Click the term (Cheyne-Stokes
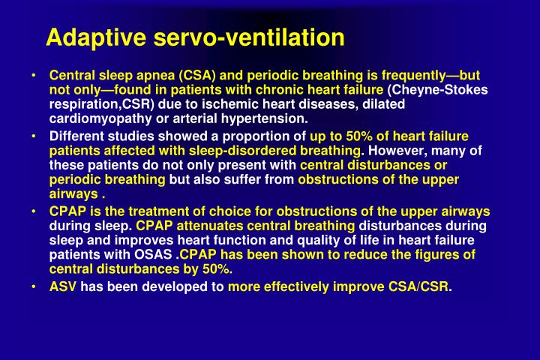tap(436, 90)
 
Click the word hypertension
tap(262, 118)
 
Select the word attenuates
tap(208, 226)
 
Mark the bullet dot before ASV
tap(35, 286)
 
